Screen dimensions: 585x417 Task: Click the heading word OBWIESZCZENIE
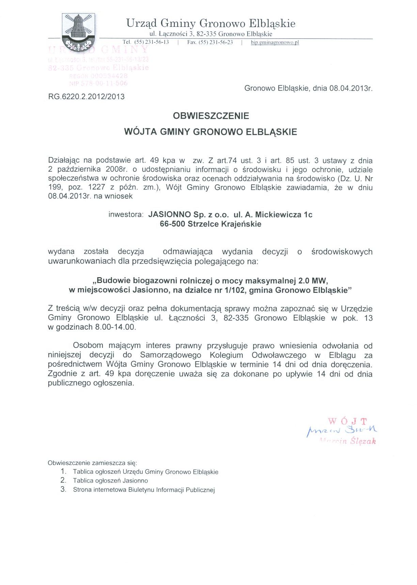pyautogui.click(x=211, y=116)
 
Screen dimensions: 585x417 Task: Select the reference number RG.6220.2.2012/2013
pyautogui.click(x=86, y=97)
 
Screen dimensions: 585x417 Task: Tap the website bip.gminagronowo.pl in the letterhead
pyautogui.click(x=274, y=43)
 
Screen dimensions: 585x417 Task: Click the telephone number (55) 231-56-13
pyautogui.click(x=151, y=42)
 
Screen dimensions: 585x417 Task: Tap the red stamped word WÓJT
pyautogui.click(x=348, y=421)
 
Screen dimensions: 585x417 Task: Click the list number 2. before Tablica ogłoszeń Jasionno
pyautogui.click(x=63, y=480)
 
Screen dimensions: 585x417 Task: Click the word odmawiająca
pyautogui.click(x=188, y=252)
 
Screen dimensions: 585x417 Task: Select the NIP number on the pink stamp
pyautogui.click(x=98, y=83)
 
